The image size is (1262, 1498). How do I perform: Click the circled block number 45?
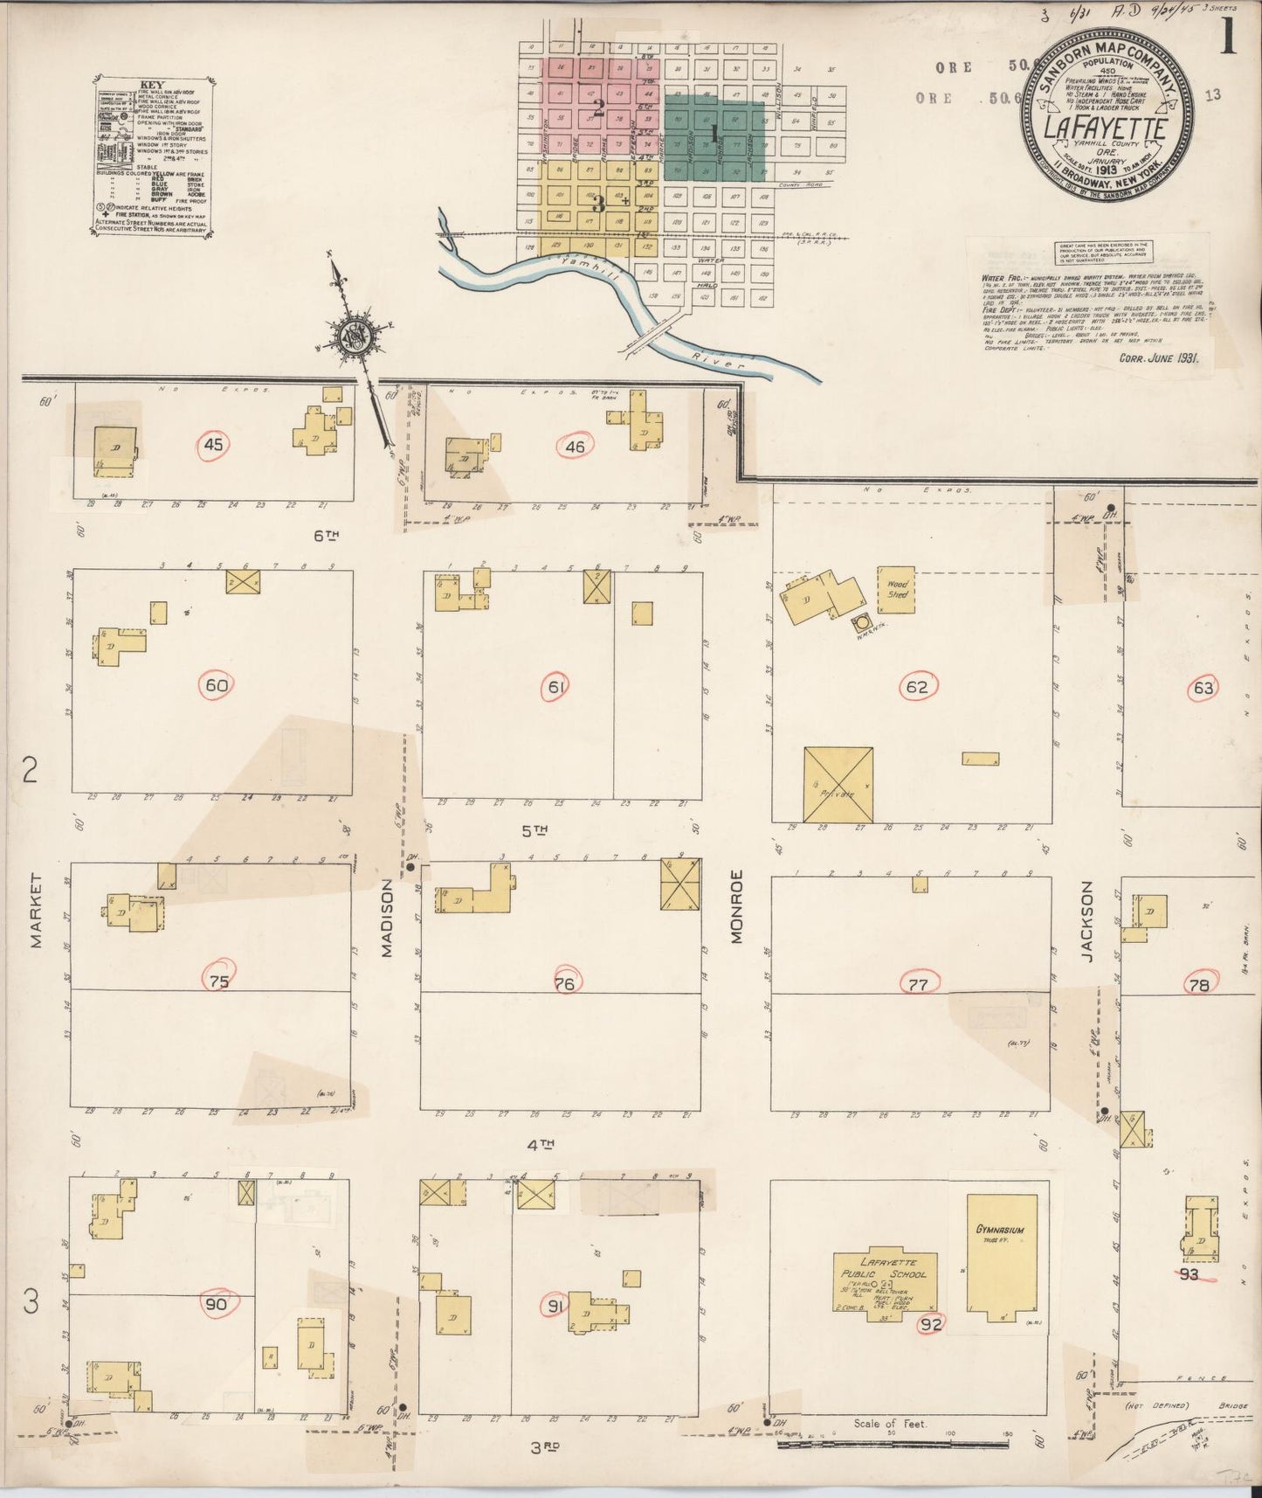click(213, 444)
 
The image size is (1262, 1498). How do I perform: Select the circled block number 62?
click(916, 687)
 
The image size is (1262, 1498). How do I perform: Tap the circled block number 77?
click(918, 983)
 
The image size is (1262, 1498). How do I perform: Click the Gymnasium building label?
click(1000, 1230)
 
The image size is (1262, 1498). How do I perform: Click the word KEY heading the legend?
click(152, 86)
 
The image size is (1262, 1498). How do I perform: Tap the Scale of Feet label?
click(890, 1424)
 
